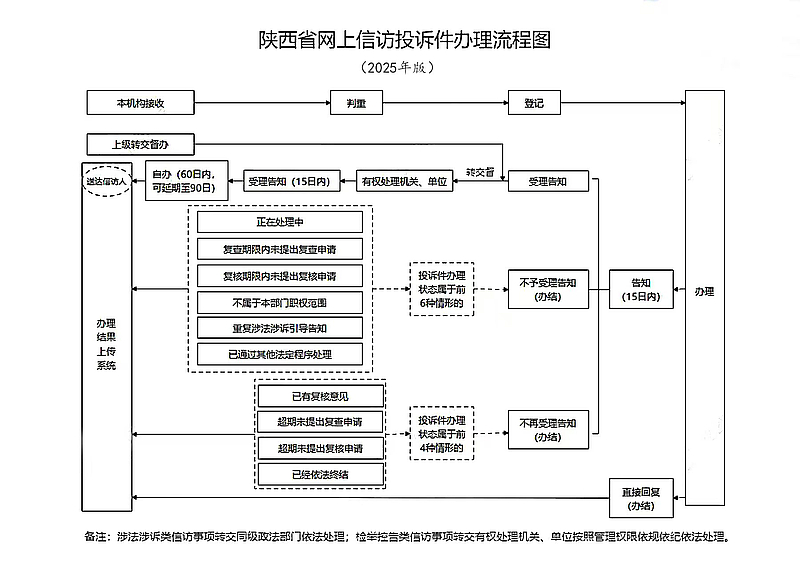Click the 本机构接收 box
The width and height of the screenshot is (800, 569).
(139, 102)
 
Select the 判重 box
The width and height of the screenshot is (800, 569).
(357, 102)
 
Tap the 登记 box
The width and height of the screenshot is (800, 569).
(534, 102)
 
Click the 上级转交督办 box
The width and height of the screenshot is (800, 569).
(139, 144)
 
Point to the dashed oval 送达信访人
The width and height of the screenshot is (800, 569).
(105, 184)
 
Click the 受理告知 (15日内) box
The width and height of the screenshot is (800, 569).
(288, 182)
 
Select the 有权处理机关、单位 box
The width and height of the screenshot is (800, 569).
(402, 182)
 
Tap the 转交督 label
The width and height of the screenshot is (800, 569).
(481, 172)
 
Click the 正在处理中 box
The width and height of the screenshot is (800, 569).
(279, 223)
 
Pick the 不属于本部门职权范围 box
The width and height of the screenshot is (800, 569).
(279, 301)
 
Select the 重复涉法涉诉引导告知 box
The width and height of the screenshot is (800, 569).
(279, 327)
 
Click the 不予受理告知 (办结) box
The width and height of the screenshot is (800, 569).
(547, 289)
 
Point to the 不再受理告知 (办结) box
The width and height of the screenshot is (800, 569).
(547, 430)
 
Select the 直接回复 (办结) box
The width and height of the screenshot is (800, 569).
(641, 498)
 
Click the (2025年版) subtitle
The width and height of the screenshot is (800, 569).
(398, 69)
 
